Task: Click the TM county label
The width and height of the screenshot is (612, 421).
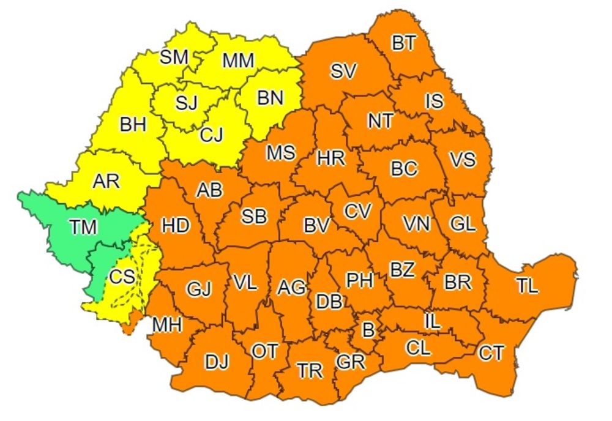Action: (x=83, y=227)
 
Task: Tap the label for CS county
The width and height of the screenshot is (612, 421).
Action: (x=122, y=277)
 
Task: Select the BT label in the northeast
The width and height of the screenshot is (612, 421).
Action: (x=404, y=43)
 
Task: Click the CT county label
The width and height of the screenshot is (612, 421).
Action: (x=492, y=352)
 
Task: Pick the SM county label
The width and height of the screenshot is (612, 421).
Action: (x=174, y=58)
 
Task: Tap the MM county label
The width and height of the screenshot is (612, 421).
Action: (x=238, y=60)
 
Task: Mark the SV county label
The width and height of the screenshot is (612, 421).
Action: (x=343, y=71)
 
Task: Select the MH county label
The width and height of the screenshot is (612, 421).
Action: (x=167, y=324)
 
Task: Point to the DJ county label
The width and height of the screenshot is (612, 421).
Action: (x=216, y=362)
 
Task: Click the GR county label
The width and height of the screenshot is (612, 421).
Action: (x=350, y=362)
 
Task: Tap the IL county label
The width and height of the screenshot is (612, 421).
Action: (x=432, y=321)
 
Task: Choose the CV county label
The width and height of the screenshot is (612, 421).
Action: (x=357, y=211)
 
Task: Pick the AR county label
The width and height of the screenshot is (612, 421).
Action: (x=106, y=181)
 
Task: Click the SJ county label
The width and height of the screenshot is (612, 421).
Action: (x=186, y=102)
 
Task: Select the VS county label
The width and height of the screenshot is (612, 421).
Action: (x=462, y=160)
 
